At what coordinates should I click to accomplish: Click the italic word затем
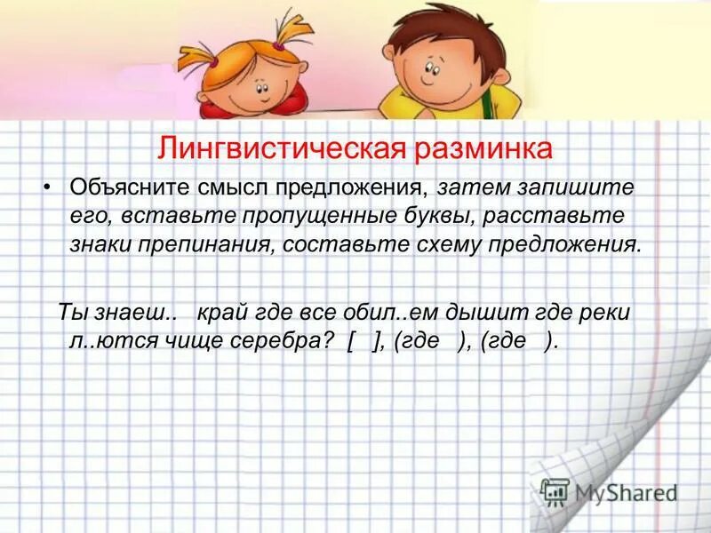pyautogui.click(x=467, y=188)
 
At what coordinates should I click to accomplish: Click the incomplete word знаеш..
pyautogui.click(x=132, y=313)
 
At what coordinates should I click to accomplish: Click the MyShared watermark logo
pyautogui.click(x=609, y=490)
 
